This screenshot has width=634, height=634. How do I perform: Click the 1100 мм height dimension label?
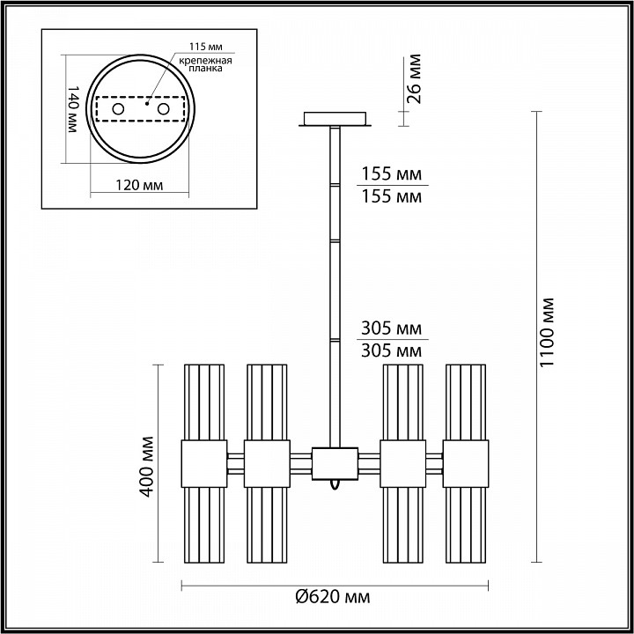point(547,332)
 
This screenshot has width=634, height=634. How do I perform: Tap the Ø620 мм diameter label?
point(332,597)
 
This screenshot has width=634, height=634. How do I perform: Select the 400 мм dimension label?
point(146,467)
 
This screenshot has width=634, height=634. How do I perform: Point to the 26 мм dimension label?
point(414,79)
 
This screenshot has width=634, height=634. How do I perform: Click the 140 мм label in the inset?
point(72,109)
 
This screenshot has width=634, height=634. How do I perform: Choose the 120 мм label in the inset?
point(139,185)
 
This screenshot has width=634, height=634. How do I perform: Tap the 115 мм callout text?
point(206,47)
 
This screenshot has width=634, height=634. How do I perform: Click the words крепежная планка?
point(205,64)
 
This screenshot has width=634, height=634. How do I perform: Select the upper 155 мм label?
point(391,173)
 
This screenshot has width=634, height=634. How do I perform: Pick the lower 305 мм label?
point(391,350)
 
